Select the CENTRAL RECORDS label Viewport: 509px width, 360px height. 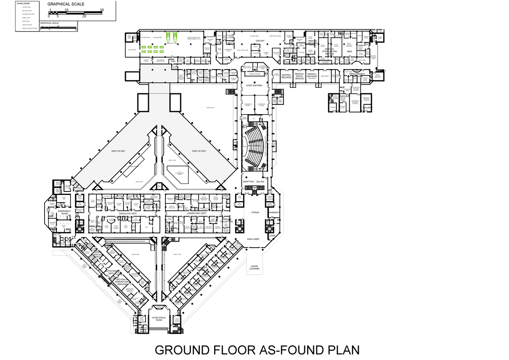(x=286, y=77)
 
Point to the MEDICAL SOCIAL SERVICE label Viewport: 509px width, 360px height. (x=299, y=76)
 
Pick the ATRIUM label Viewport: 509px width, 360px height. (x=255, y=212)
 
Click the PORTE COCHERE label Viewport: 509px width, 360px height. (x=255, y=267)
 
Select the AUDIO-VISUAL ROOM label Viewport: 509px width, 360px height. (x=159, y=319)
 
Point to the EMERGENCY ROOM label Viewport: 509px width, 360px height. (x=64, y=212)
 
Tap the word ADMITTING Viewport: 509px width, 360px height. (x=248, y=181)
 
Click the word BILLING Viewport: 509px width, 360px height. (x=260, y=181)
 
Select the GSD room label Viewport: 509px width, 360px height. (x=173, y=61)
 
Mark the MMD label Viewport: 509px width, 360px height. (x=350, y=52)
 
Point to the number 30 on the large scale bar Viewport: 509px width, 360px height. (x=102, y=9)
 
